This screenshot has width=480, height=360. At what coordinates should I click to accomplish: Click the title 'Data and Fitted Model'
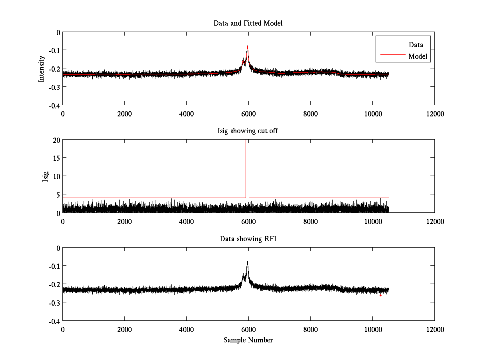[248, 23]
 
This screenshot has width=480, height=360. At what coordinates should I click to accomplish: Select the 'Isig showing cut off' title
[248, 131]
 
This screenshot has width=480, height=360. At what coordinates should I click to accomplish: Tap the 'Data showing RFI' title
[248, 239]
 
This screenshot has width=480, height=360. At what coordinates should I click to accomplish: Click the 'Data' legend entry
[416, 45]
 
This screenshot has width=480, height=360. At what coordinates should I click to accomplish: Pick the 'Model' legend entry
[418, 56]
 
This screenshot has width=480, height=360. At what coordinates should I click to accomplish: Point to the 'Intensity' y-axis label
[41, 69]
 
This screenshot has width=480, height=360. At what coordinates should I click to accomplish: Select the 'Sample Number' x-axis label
[248, 340]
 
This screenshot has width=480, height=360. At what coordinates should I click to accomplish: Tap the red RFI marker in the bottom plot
[380, 295]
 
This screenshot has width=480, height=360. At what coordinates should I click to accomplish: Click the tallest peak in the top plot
[248, 46]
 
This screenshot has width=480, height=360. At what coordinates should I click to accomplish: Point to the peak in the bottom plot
[248, 262]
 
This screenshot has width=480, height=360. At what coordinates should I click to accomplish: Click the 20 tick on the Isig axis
[56, 140]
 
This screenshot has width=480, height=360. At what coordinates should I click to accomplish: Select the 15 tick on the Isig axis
[56, 158]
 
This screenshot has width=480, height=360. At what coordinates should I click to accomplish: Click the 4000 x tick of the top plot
[186, 114]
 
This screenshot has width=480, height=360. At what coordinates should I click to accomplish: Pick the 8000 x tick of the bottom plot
[310, 330]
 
